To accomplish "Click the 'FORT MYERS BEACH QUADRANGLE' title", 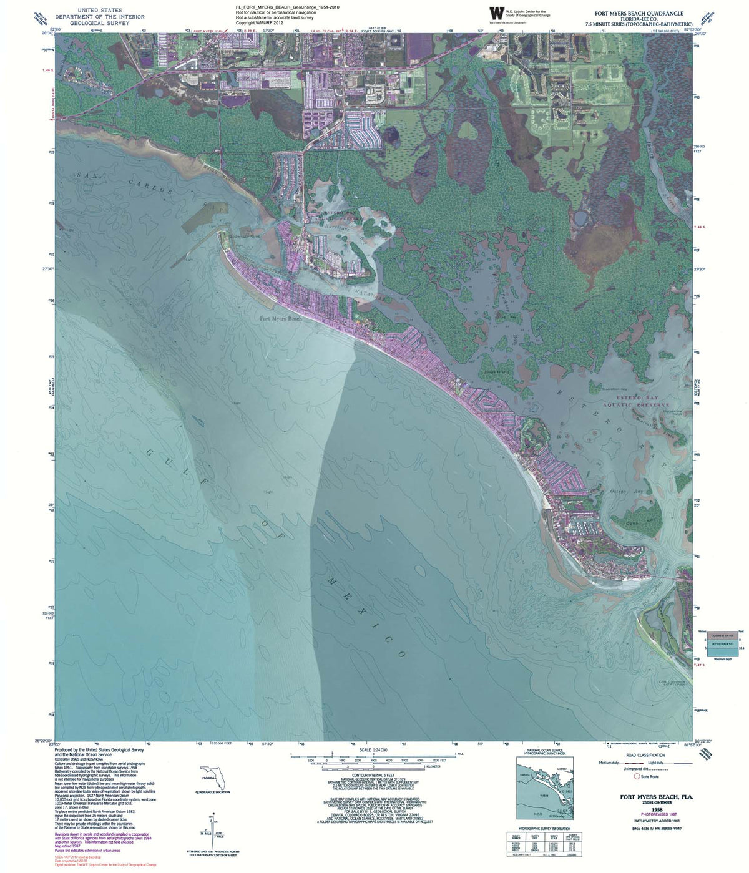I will coord(639,13).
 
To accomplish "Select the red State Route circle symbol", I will coord(637,777).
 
